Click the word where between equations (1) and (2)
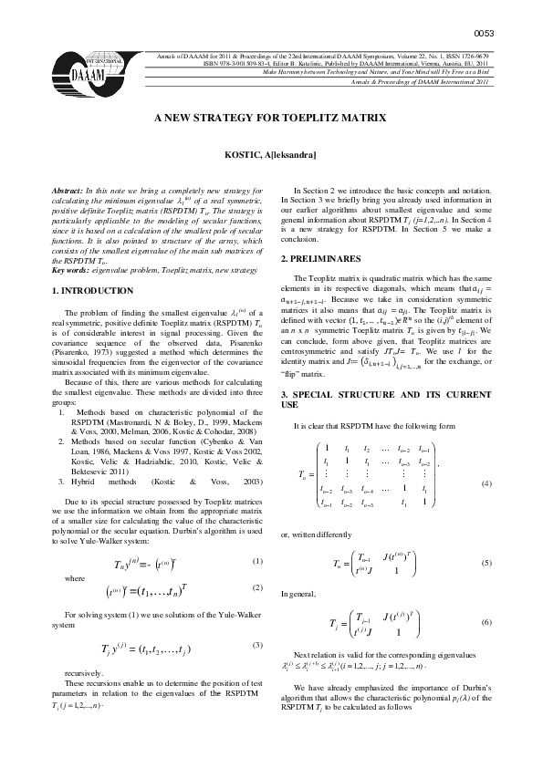point(62,552)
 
